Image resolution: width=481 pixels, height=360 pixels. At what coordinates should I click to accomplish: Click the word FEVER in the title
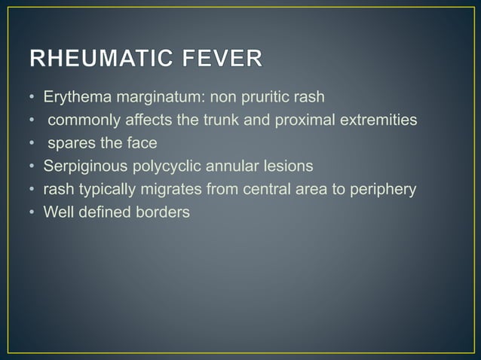224,59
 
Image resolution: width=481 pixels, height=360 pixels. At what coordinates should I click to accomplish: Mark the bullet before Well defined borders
33,212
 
